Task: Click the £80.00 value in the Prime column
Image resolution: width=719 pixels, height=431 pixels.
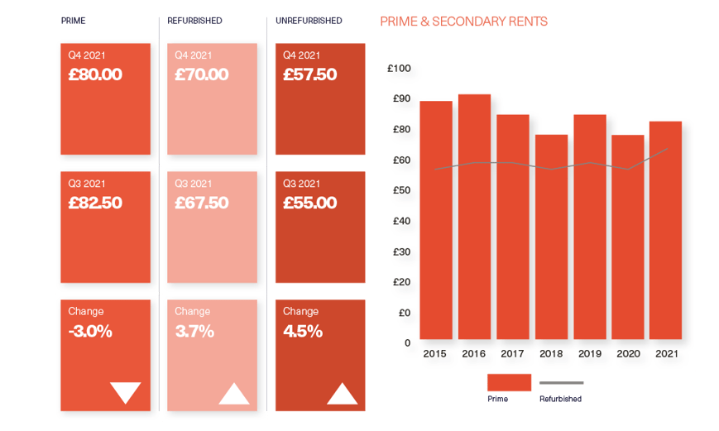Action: tap(95, 75)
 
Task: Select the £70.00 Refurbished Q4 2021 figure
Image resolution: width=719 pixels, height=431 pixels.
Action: tap(202, 75)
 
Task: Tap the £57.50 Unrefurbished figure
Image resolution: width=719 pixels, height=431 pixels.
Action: tap(310, 75)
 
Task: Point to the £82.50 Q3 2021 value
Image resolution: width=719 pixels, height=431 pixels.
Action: tap(95, 203)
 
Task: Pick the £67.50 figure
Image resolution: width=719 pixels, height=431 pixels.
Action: tap(202, 203)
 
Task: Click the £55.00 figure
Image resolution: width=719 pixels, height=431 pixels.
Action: tap(310, 203)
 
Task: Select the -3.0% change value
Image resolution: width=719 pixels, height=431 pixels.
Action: tap(90, 332)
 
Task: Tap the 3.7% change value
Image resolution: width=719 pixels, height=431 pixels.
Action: tap(194, 332)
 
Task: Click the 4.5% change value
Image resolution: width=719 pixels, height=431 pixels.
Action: tap(303, 332)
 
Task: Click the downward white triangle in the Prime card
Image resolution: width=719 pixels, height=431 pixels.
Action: tap(126, 392)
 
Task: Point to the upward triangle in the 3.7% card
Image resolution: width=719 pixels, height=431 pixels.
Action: tap(234, 393)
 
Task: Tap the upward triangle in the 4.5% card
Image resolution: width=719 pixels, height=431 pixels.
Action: tap(342, 393)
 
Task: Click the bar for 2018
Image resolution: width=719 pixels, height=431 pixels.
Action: tap(551, 237)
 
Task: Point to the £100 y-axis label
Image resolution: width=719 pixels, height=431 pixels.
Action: tap(399, 69)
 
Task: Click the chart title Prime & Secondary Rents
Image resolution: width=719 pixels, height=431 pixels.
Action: tap(463, 22)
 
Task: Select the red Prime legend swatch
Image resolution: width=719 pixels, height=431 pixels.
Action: tap(509, 382)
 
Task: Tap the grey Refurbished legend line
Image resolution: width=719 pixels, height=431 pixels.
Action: tap(562, 383)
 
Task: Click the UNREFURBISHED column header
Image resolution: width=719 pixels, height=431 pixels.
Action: tap(309, 20)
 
